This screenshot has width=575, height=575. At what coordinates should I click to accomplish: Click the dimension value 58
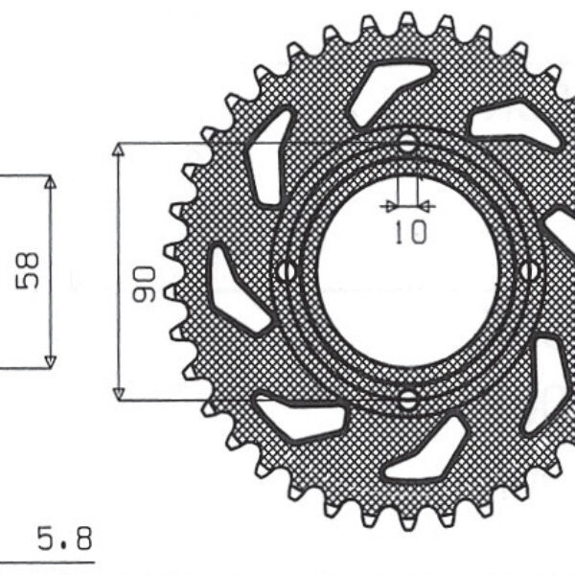click(27, 272)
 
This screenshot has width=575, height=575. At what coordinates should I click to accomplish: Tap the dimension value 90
click(145, 285)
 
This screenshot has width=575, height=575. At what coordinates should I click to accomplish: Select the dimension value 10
click(409, 232)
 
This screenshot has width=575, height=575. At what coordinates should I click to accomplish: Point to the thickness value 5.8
click(64, 540)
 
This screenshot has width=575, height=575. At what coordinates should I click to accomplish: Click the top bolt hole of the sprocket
click(408, 145)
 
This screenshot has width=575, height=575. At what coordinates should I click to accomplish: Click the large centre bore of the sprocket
click(407, 271)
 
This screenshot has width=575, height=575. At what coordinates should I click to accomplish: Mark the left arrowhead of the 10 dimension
click(387, 204)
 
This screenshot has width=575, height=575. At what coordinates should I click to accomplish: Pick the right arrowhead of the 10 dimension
click(426, 204)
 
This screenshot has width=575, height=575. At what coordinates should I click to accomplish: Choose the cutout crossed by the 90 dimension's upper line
click(265, 158)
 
